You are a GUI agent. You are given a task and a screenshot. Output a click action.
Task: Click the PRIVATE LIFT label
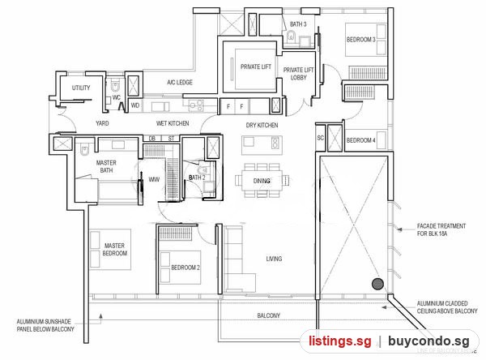pos(256,66)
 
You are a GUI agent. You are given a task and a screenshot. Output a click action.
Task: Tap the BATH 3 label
pos(298,24)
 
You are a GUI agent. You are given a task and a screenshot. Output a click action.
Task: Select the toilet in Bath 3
pos(291,36)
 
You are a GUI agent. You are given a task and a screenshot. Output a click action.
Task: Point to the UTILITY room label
pos(81,88)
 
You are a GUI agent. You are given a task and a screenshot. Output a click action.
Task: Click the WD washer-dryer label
pos(135,105)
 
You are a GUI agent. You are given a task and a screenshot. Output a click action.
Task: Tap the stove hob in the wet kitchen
pos(197,105)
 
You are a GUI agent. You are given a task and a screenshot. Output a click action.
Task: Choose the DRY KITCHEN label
pos(262,126)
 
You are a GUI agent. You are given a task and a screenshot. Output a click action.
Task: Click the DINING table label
pos(262,181)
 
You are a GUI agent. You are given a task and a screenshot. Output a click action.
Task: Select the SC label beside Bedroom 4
pos(321,138)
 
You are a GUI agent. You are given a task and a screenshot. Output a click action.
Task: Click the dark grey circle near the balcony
pos(377,284)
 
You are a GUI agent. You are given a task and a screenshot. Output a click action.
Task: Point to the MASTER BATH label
pos(106,166)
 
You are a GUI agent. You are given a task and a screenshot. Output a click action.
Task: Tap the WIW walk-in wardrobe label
pos(154,179)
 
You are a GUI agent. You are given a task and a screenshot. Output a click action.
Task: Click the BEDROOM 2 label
pos(185,268)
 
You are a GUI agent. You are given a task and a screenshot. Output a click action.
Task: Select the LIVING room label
pos(274,259)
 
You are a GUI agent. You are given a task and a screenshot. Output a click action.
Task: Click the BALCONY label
pos(268,315)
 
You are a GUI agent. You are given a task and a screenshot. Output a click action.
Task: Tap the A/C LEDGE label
pos(180,82)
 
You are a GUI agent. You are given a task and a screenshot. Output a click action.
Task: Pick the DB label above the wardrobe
pos(152,139)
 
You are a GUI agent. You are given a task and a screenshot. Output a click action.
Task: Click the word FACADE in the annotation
pos(426,226)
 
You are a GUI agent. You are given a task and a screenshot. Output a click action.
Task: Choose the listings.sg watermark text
pos(339,341)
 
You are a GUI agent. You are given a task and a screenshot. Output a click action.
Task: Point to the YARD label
pos(102,123)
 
